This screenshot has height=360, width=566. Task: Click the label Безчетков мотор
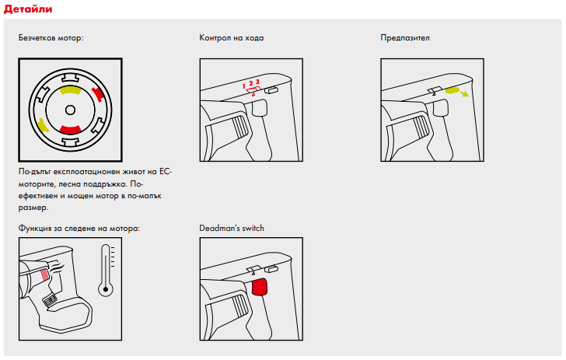tap(51, 37)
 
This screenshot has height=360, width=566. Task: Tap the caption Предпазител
tap(405, 37)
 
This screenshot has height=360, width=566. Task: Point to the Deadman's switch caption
tap(232, 228)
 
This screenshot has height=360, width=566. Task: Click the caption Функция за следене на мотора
tap(79, 228)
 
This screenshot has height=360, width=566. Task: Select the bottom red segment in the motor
tap(69, 128)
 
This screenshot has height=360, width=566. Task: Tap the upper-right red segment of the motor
tap(98, 96)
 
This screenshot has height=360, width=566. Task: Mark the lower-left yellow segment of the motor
tap(43, 124)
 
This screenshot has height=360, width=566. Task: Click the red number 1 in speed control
tap(243, 84)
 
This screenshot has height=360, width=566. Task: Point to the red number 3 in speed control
tap(257, 81)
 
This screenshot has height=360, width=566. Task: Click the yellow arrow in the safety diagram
tap(464, 94)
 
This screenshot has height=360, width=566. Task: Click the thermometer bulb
tap(106, 290)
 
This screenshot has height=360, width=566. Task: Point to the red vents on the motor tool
tap(44, 275)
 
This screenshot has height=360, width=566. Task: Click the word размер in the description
tap(33, 208)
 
